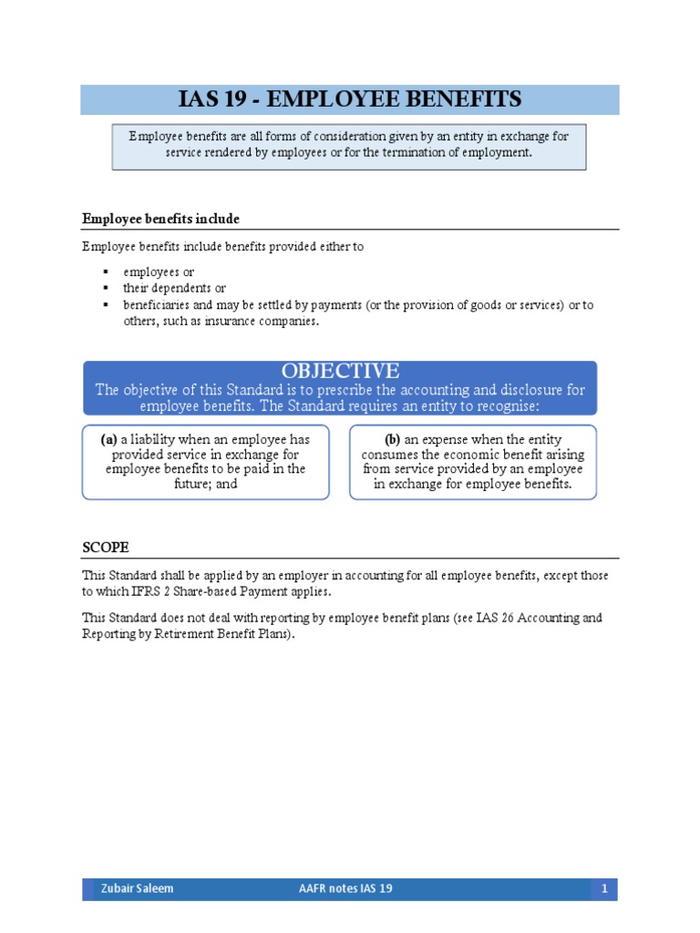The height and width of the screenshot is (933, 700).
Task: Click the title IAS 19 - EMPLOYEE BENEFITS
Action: coord(349,99)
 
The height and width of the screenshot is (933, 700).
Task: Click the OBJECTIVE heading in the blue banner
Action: coord(340,371)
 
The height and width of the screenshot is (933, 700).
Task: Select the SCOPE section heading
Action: coord(105,547)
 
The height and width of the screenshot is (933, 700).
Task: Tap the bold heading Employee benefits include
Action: coord(160,219)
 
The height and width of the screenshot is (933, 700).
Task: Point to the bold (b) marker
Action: coord(393,439)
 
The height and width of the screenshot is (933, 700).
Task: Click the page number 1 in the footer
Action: coord(604,888)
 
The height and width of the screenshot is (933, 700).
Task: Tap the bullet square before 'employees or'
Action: coord(106,272)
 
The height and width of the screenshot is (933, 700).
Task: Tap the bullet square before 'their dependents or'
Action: coord(106,289)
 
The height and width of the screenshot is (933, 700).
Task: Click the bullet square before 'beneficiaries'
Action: coord(106,305)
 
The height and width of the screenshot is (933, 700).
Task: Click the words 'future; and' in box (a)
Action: coord(206,484)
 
